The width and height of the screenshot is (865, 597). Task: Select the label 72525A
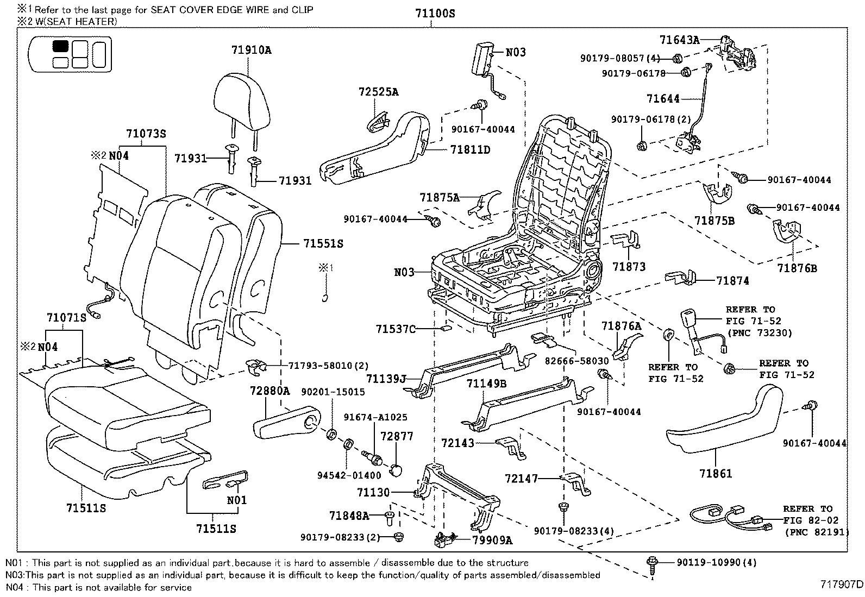(x=378, y=92)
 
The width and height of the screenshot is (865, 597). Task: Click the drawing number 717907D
(x=841, y=585)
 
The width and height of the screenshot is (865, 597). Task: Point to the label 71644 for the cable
(x=663, y=99)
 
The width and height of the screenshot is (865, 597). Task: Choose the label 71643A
(x=679, y=40)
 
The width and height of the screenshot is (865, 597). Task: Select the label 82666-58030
(x=577, y=361)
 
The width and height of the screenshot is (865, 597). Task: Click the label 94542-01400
(x=349, y=475)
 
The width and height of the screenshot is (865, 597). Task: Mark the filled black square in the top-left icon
(x=60, y=46)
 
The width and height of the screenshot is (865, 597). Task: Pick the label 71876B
(x=797, y=268)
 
